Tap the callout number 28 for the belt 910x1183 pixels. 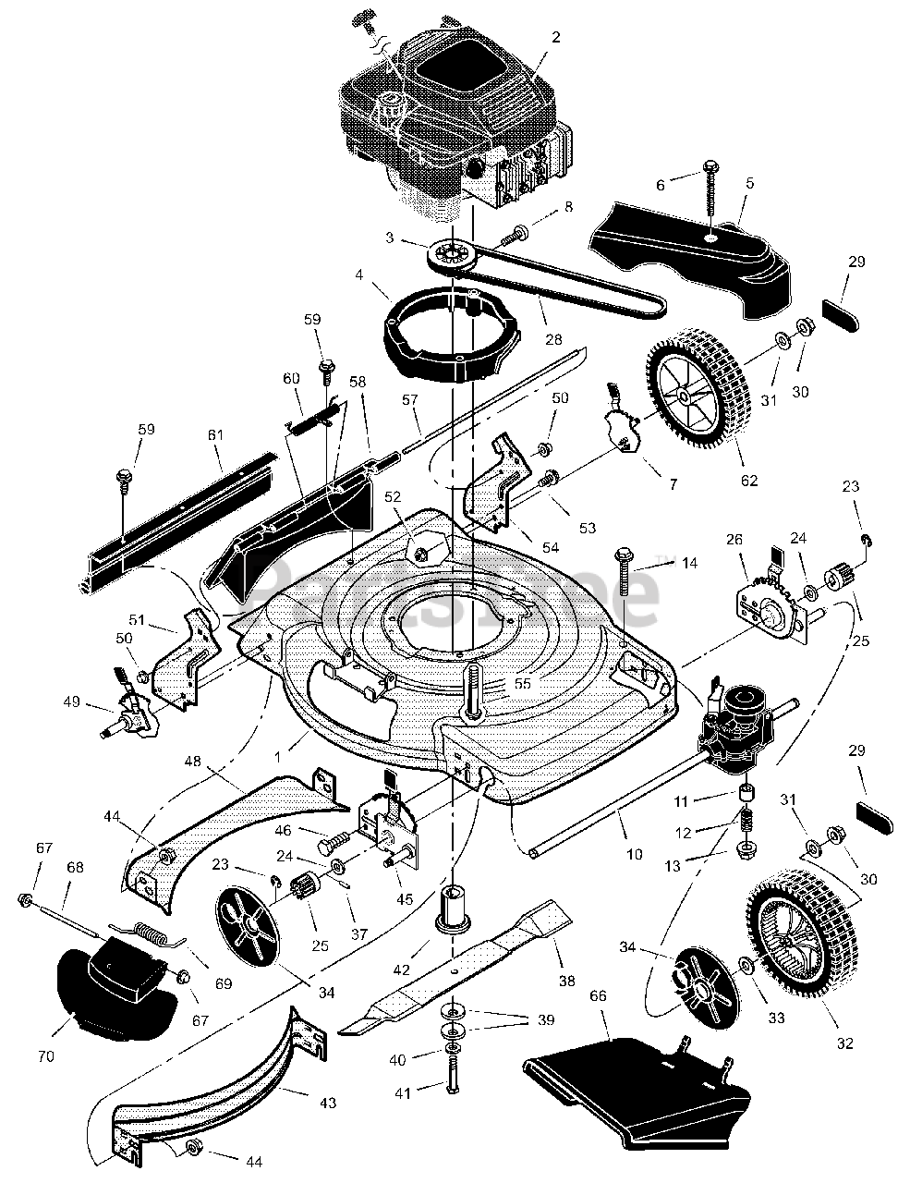click(x=553, y=339)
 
